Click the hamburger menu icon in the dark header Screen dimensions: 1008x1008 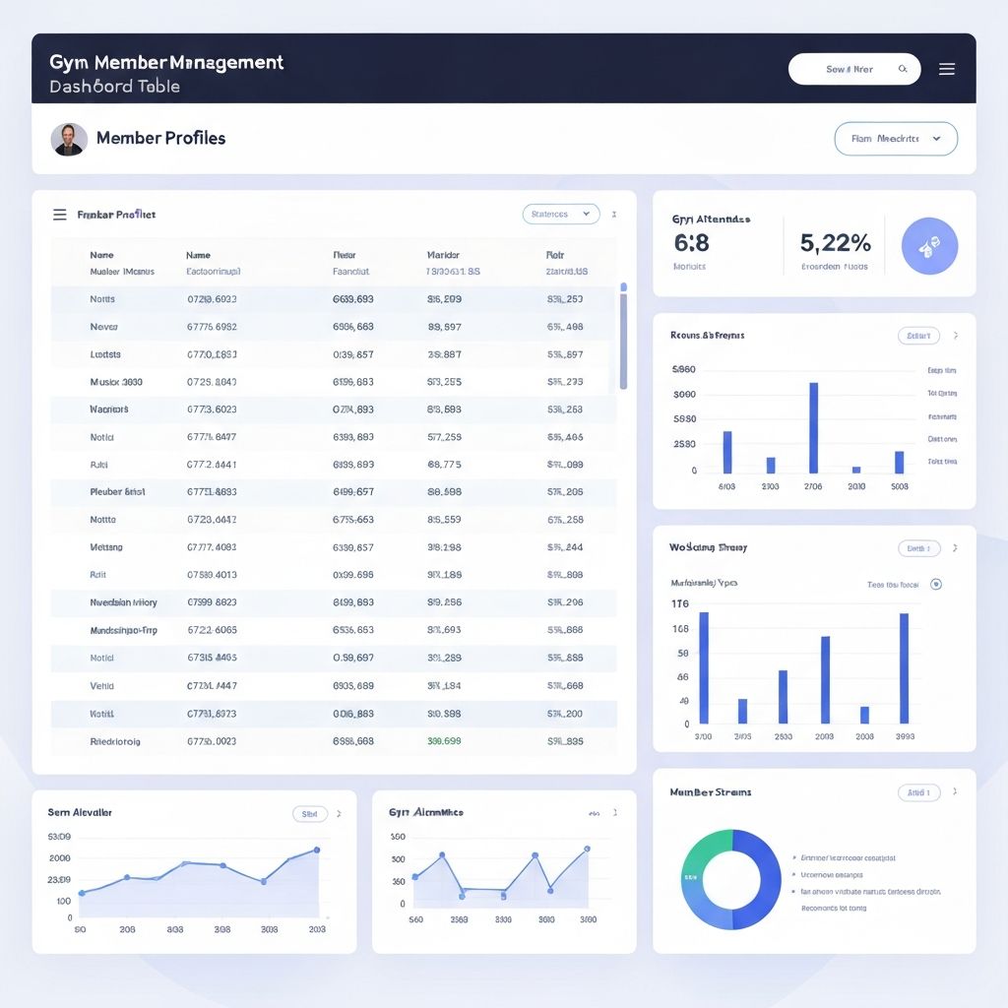point(947,69)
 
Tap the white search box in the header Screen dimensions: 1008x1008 point(853,69)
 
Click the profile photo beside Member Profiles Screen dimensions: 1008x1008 point(69,139)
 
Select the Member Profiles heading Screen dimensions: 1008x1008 point(160,138)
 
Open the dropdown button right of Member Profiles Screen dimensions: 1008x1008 point(895,139)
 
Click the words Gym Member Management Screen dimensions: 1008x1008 point(166,62)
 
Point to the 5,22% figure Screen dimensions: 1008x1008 point(836,242)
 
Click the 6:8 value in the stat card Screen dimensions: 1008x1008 point(692,242)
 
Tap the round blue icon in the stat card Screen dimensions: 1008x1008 point(929,246)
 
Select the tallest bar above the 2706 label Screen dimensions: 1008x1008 point(813,427)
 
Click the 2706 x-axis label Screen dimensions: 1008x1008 point(813,486)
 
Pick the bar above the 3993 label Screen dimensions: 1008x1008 point(904,668)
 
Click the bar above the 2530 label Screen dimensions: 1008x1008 point(783,697)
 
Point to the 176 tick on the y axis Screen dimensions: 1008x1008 point(680,603)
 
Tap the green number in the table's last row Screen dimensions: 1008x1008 point(444,741)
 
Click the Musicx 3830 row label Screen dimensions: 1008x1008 point(116,381)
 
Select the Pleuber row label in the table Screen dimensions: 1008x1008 point(117,491)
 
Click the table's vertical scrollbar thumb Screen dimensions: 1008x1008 point(623,340)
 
